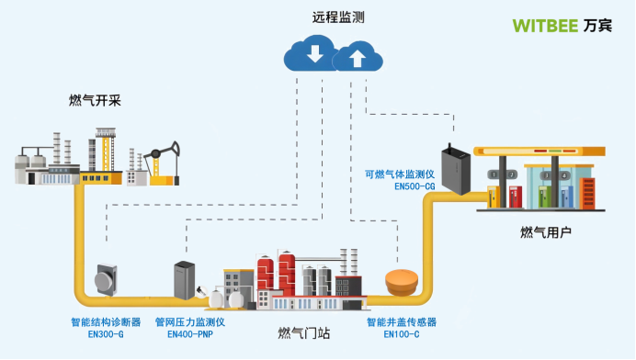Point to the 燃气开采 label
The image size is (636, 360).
(96, 100)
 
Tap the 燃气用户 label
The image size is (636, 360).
(546, 233)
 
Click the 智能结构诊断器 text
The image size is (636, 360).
(106, 322)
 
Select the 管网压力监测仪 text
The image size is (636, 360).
(190, 322)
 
